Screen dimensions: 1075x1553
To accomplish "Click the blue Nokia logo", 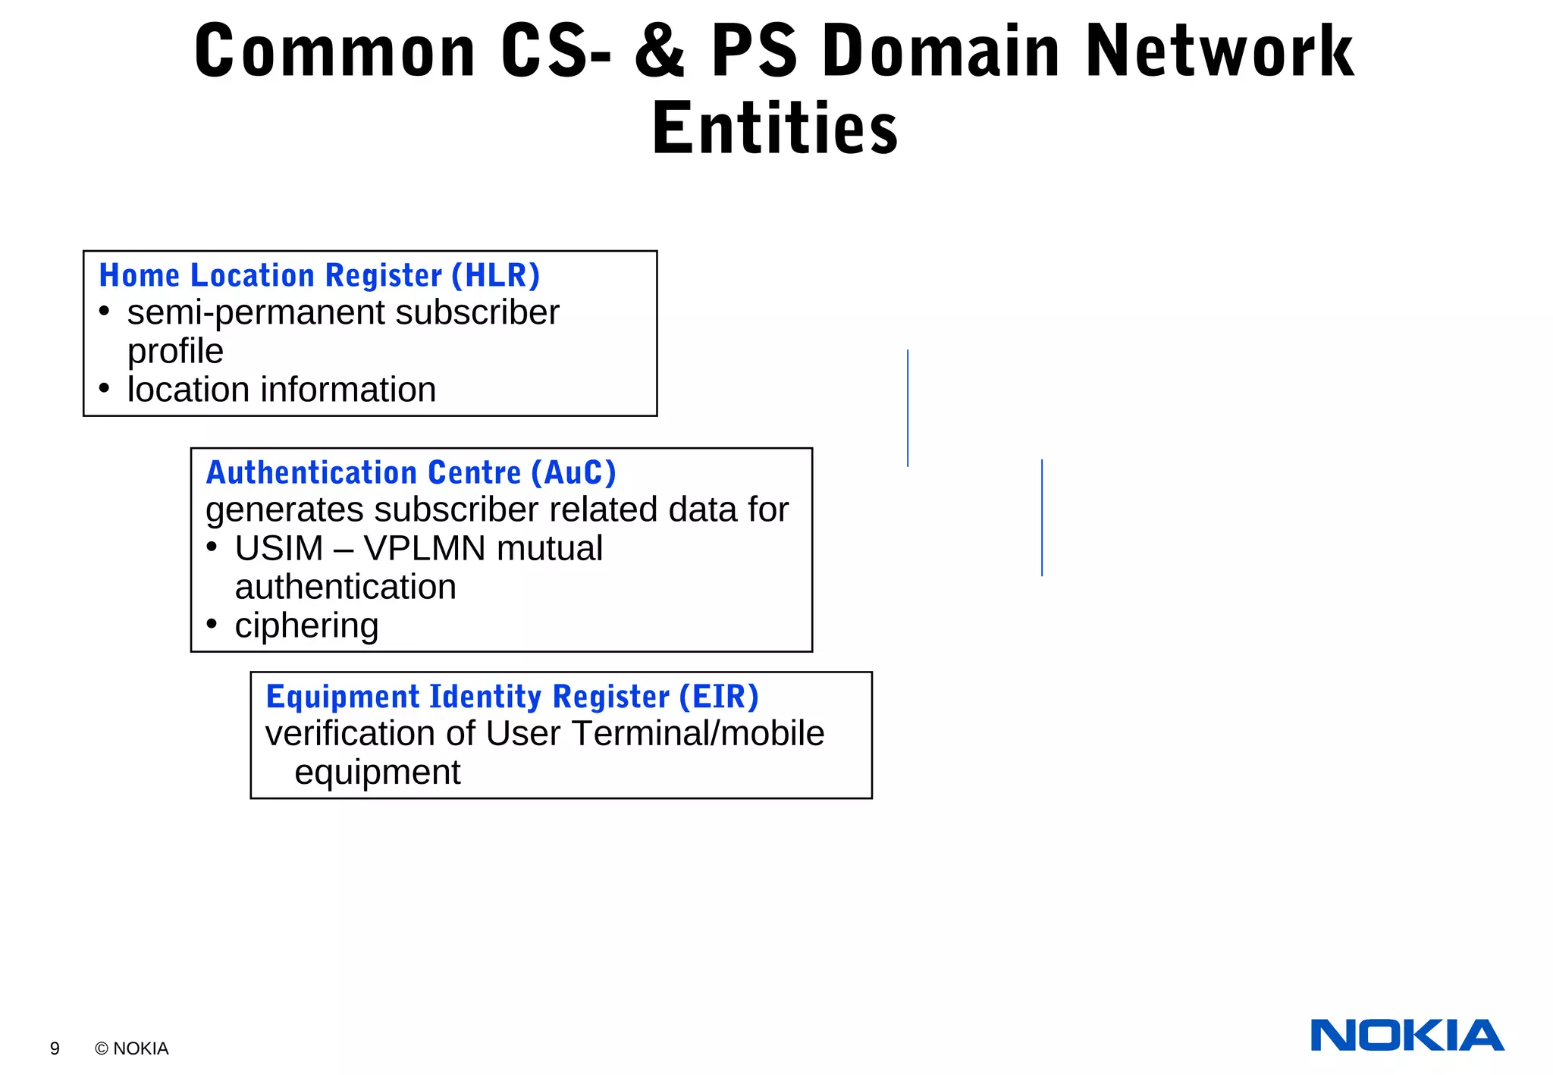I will tap(1407, 1036).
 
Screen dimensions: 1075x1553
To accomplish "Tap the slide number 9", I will tap(55, 1048).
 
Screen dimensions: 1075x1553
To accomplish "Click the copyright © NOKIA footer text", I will tap(132, 1048).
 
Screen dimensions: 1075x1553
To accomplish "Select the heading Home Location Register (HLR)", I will tap(319, 275).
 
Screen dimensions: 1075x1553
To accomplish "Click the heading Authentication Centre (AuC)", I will tap(411, 472).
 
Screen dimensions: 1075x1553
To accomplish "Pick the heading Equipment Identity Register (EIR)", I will tap(512, 697).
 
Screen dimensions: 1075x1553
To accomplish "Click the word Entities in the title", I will tap(775, 129).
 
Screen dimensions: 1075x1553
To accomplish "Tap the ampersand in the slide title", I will tap(660, 52).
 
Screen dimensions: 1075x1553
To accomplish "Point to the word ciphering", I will tap(306, 626).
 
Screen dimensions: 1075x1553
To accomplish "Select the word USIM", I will tap(278, 548).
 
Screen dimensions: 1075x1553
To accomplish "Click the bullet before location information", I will tap(105, 389).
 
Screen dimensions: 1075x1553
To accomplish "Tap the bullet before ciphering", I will tap(212, 625).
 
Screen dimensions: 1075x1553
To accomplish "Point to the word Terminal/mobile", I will tap(698, 733).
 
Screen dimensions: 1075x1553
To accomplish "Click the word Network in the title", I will tap(1219, 52).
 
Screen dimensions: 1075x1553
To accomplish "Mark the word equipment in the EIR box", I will tap(377, 773).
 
